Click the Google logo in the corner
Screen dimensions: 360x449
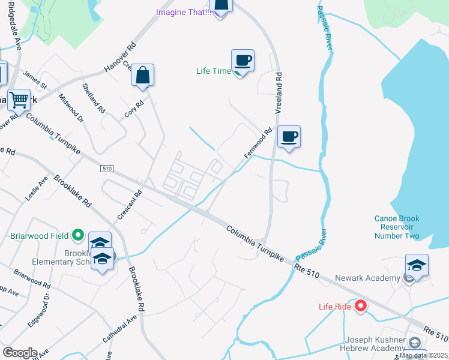[20, 353]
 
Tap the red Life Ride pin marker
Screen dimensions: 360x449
[361, 307]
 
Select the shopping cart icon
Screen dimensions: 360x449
[19, 100]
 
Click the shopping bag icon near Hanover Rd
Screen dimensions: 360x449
[143, 76]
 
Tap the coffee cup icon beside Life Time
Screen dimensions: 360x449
[243, 60]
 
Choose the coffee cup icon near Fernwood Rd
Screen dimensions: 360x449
[289, 137]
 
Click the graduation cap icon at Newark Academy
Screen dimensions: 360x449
[417, 265]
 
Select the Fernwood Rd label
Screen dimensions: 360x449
[258, 143]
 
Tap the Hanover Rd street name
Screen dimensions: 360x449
[121, 58]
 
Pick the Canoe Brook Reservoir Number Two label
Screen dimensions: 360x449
[396, 227]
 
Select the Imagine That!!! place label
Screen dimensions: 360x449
[183, 12]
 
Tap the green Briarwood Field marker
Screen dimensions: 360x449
[77, 235]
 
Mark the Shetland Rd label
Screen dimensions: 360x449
[97, 98]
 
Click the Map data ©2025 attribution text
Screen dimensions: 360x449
[423, 355]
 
